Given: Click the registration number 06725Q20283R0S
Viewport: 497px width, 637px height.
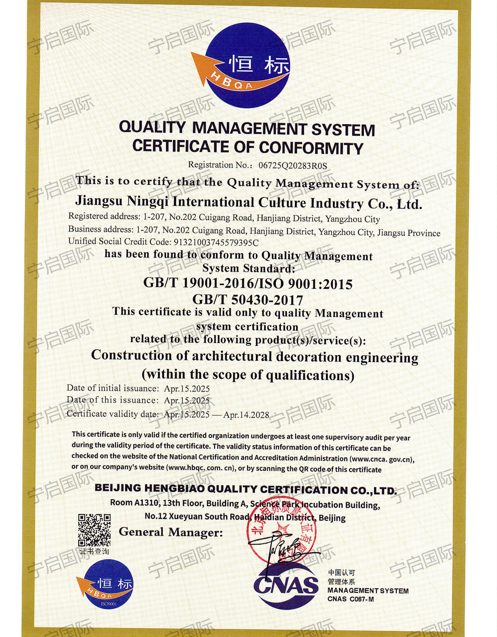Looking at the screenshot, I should click(293, 166).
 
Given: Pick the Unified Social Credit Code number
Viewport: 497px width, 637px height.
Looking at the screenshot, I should click(216, 242).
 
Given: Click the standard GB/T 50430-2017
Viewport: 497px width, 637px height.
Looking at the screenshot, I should click(248, 299).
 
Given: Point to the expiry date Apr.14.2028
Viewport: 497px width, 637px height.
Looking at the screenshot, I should click(246, 415).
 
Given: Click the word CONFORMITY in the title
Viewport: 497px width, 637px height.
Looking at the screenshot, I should click(311, 148).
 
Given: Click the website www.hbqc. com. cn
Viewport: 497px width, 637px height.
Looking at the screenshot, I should click(201, 468).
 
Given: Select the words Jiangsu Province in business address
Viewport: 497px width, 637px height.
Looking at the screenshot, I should click(409, 233).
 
